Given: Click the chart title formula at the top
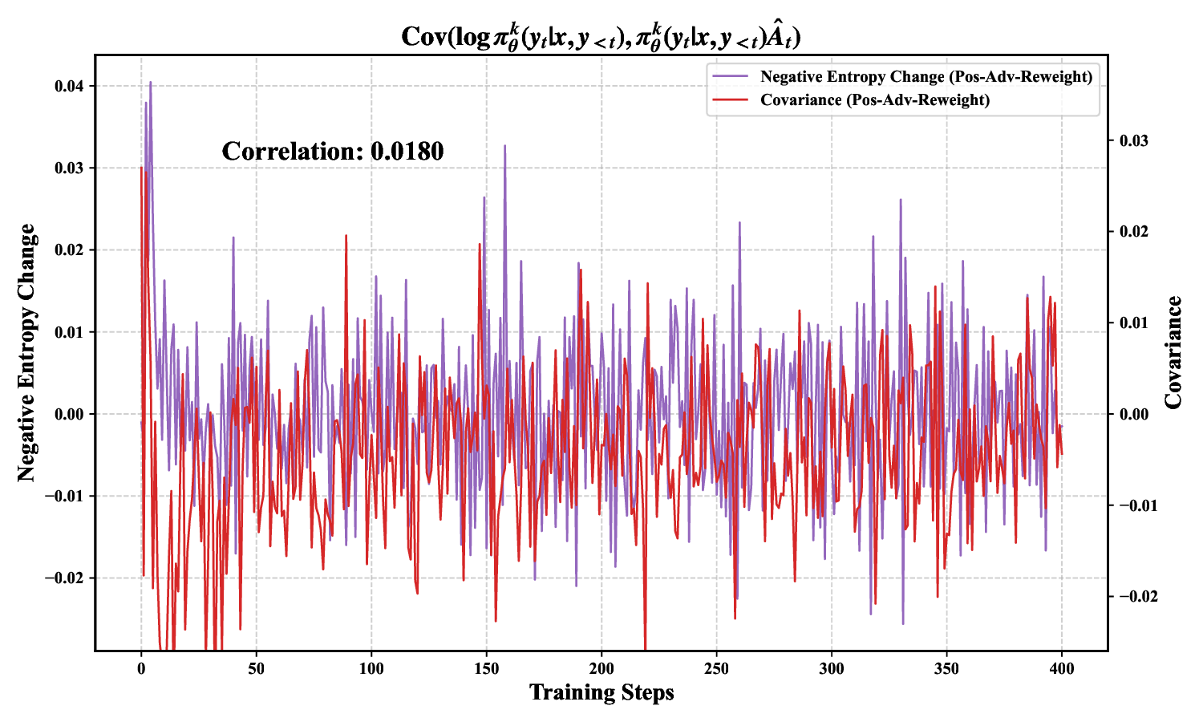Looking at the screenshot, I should tap(601, 36).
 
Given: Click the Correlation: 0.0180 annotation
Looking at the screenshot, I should tap(332, 152).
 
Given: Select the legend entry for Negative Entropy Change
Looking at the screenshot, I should tap(926, 77).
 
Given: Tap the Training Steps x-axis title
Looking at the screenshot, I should tap(601, 692).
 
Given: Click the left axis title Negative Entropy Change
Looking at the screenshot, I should tap(27, 353).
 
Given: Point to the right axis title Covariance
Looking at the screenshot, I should tap(1173, 353).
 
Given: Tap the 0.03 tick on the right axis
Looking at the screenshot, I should tap(1133, 140).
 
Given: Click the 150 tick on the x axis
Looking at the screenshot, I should tap(486, 668).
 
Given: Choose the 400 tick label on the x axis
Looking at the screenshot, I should tap(1062, 668).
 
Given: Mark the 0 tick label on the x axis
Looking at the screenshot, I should tap(141, 668).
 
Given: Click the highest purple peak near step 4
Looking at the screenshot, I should tap(150, 82).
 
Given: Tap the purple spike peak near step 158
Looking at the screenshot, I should tap(504, 146).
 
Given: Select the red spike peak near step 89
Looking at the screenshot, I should tap(346, 236).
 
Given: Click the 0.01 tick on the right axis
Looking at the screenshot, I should tap(1133, 322).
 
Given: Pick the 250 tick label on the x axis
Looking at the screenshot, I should tap(716, 668).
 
